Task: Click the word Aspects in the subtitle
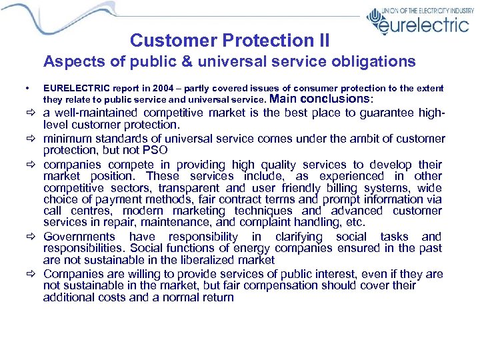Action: pos(69,62)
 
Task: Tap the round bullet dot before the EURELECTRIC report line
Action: pos(25,88)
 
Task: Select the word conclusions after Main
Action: pos(340,99)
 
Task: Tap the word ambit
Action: pos(317,138)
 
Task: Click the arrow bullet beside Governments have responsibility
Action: pos(31,237)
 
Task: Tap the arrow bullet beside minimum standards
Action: pos(31,138)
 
